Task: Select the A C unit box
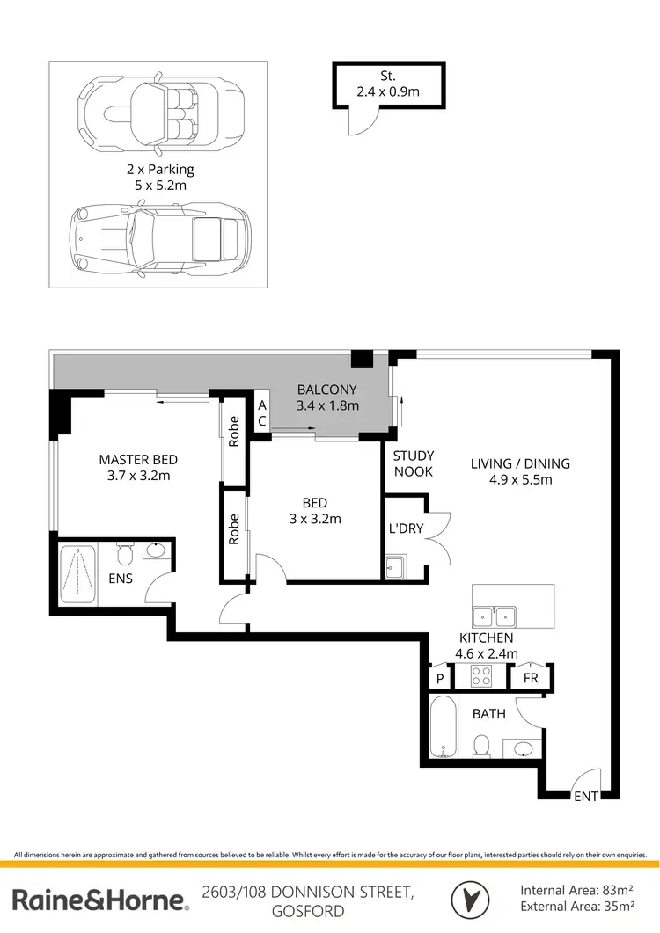click(x=261, y=413)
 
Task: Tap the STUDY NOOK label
click(x=413, y=463)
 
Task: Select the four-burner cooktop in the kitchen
click(x=482, y=677)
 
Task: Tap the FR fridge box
click(x=531, y=678)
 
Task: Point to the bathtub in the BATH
click(x=442, y=726)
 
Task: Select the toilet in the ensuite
click(x=125, y=555)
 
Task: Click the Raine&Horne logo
click(x=99, y=900)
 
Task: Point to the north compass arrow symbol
click(x=471, y=899)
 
